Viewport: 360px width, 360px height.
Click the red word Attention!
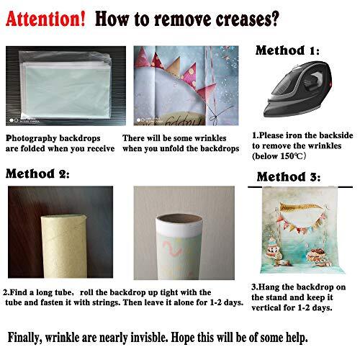click(x=45, y=19)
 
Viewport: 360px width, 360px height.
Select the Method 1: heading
click(x=287, y=50)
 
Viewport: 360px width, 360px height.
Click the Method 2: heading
click(x=37, y=174)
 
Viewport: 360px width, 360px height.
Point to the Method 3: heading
click(x=289, y=176)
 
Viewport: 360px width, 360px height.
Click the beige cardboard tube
click(x=64, y=246)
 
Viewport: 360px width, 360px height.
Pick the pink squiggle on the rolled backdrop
click(x=172, y=249)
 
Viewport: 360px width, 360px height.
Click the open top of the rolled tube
click(x=179, y=219)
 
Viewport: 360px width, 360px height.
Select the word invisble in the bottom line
click(x=149, y=338)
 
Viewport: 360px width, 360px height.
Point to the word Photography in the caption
click(x=31, y=138)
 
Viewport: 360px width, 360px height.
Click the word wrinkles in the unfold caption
click(x=210, y=138)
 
